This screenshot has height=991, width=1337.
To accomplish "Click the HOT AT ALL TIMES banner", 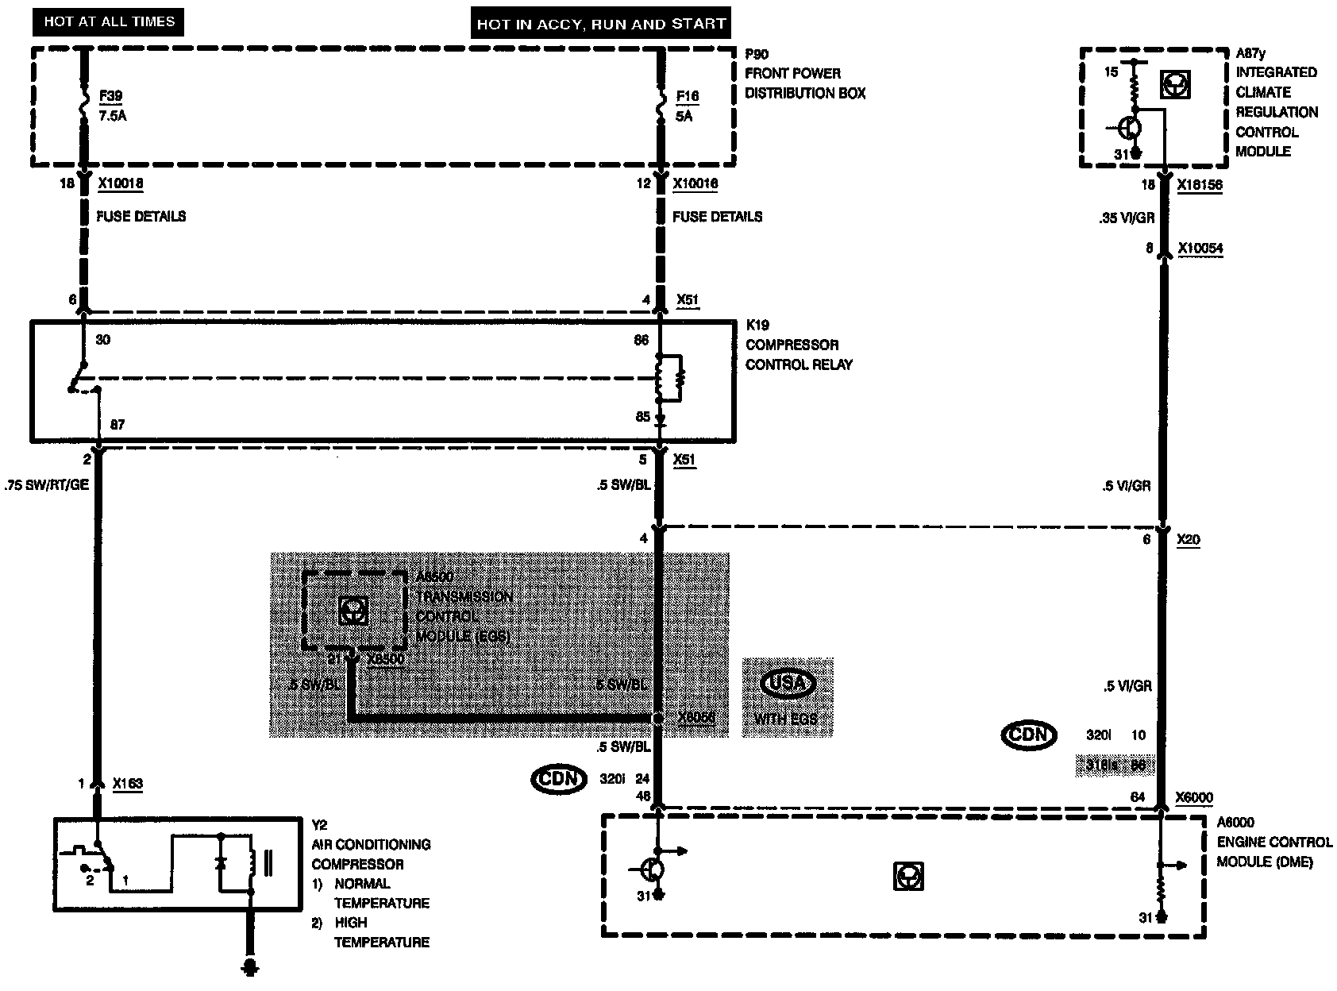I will pyautogui.click(x=109, y=21).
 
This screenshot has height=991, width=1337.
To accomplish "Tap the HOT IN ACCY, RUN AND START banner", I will pyautogui.click(x=601, y=23).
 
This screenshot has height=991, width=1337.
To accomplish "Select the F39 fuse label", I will pyautogui.click(x=110, y=97).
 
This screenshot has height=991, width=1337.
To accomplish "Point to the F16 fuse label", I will pyautogui.click(x=688, y=97).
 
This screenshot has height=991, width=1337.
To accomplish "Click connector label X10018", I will pyautogui.click(x=121, y=184).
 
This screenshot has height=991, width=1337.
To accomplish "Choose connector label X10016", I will pyautogui.click(x=695, y=184).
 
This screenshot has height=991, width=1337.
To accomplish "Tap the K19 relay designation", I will pyautogui.click(x=757, y=325).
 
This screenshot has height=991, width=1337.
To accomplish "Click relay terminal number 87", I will pyautogui.click(x=118, y=425).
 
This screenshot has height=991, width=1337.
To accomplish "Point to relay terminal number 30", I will pyautogui.click(x=103, y=340).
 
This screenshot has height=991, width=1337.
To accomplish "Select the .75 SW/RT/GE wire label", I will pyautogui.click(x=47, y=486).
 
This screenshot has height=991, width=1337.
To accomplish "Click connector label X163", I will pyautogui.click(x=129, y=784).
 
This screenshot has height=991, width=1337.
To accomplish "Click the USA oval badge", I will pyautogui.click(x=788, y=684).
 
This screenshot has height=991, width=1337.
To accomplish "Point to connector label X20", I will pyautogui.click(x=1189, y=540).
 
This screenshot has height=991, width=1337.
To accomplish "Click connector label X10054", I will pyautogui.click(x=1200, y=249).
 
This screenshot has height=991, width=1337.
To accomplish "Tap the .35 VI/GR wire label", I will pyautogui.click(x=1127, y=217).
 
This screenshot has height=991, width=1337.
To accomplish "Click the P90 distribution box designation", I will pyautogui.click(x=757, y=53).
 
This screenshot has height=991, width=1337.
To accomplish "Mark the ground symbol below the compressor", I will pyautogui.click(x=252, y=966).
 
